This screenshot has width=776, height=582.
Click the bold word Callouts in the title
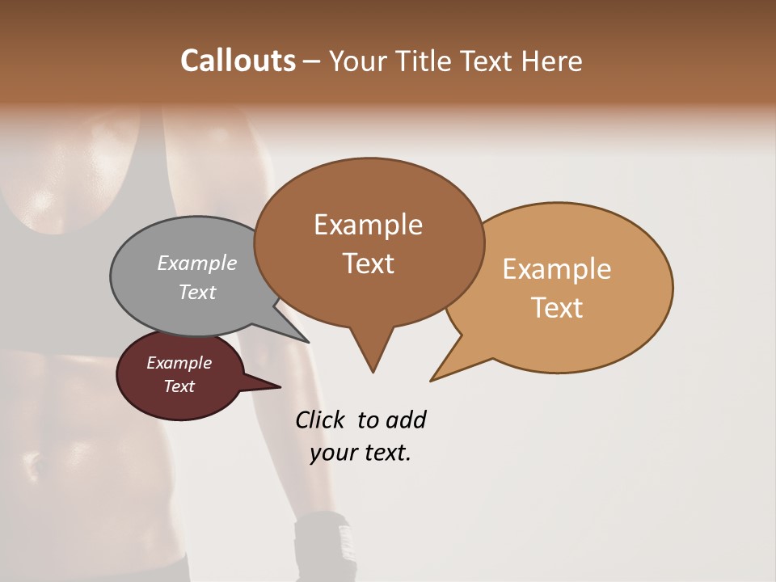coord(238,61)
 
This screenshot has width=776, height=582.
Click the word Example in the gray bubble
coord(197,263)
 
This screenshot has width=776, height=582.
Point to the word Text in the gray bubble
coord(197,292)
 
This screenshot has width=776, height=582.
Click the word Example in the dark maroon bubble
coord(179,363)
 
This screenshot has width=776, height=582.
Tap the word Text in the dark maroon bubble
coord(179,386)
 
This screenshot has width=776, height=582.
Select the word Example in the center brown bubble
coord(368,225)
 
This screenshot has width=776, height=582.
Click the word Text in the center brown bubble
coord(368,264)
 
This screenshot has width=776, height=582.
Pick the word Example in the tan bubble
coord(557,269)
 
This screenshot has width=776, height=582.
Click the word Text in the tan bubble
coord(557,308)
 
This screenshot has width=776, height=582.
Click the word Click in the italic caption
coord(320,420)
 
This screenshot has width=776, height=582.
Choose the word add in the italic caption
coord(407,420)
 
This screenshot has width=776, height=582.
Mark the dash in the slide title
coord(313,61)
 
